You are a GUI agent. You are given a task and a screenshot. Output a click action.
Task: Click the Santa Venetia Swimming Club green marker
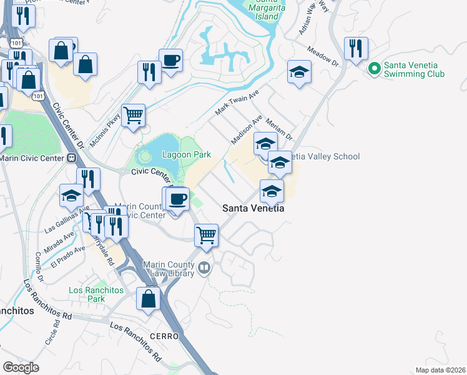[x=374, y=69]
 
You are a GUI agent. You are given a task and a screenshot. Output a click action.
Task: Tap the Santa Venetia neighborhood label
[x=253, y=208]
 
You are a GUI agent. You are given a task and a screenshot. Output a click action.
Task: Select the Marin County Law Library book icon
[x=204, y=269]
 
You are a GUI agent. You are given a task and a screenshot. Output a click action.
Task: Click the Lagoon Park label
[x=187, y=154]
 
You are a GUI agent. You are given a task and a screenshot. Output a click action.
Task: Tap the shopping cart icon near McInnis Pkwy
[x=133, y=116]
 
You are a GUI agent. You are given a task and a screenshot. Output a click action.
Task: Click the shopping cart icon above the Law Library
[x=206, y=236]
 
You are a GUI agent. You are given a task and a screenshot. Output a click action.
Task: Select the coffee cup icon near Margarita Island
[x=170, y=61]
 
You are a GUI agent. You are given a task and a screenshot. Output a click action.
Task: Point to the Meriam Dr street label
[x=278, y=128]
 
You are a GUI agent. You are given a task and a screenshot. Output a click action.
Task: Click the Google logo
[x=21, y=367]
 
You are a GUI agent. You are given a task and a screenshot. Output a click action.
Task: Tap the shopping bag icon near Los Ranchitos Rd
[x=149, y=297]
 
